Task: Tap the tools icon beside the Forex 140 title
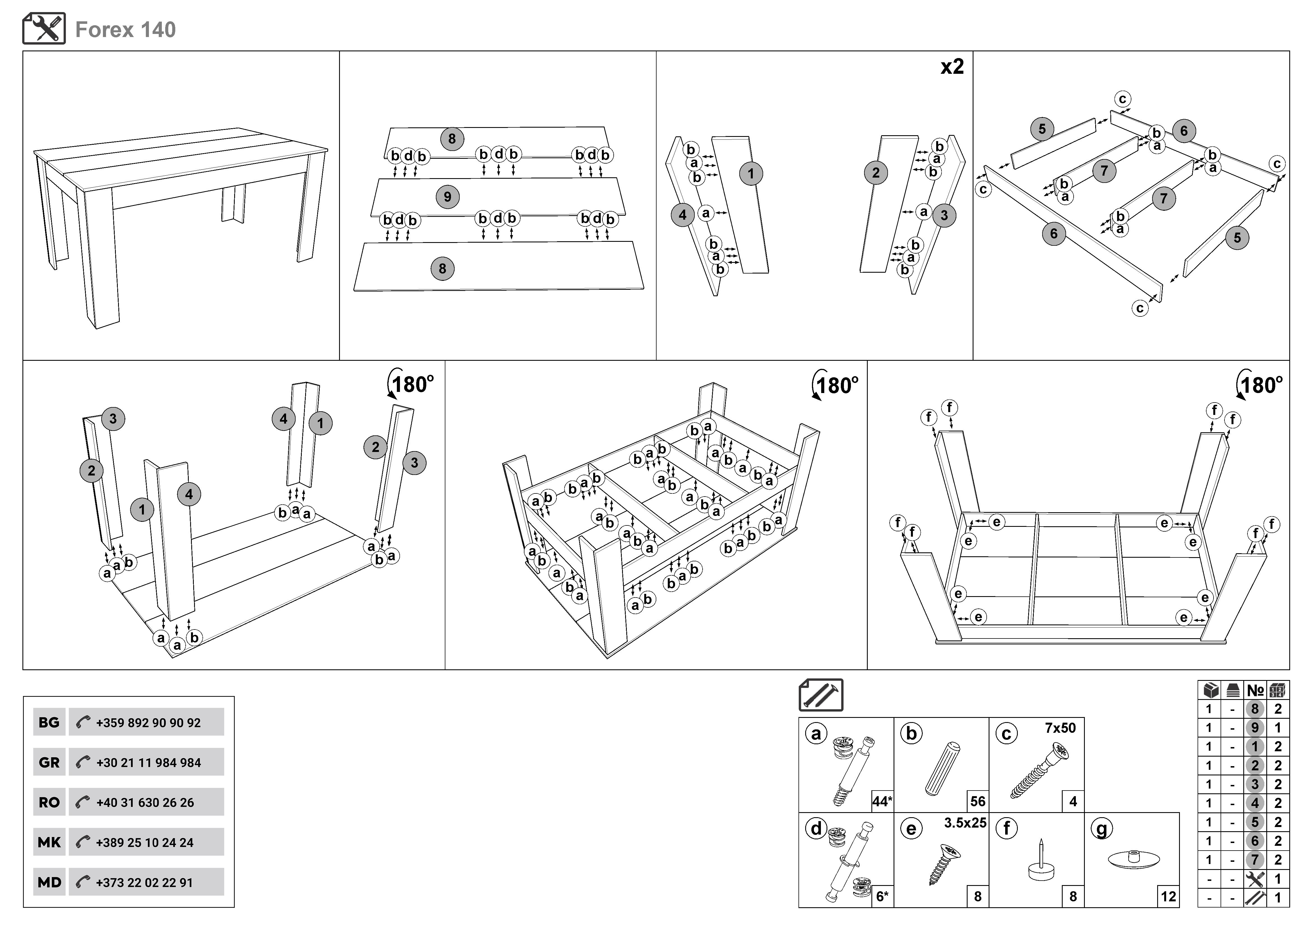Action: tap(44, 29)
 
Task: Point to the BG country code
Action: tap(49, 722)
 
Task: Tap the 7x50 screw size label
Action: tap(1060, 728)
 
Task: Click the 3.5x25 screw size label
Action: tap(965, 823)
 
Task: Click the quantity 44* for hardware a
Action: tap(882, 801)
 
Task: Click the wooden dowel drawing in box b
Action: tap(942, 769)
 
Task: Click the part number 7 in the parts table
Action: tap(1255, 860)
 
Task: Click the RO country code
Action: tap(49, 802)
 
